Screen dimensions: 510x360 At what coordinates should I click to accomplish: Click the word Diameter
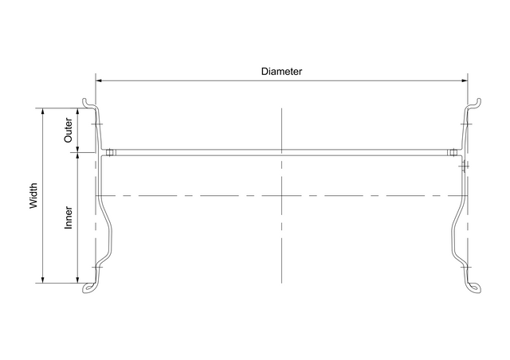pos(281,72)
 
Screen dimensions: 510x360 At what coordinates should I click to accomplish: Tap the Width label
pos(33,195)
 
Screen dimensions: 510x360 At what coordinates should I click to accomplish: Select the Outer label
pos(69,130)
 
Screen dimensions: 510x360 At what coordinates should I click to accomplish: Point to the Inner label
pos(69,217)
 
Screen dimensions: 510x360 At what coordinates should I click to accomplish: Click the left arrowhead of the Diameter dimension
pos(99,80)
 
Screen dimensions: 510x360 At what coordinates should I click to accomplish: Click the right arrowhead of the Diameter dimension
pos(465,80)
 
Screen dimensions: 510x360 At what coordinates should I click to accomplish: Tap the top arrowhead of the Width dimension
pos(42,112)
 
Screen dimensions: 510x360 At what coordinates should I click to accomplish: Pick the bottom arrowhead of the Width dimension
pos(42,280)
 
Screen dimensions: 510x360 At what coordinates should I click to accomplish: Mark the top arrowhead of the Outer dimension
pos(77,112)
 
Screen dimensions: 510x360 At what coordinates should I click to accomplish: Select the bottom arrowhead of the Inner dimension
pos(77,280)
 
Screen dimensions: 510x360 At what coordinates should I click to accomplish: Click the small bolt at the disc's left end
pos(110,152)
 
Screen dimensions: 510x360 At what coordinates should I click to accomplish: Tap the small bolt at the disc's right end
pos(451,152)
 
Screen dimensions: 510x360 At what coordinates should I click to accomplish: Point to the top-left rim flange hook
pos(87,103)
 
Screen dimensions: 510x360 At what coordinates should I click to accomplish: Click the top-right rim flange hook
pos(475,103)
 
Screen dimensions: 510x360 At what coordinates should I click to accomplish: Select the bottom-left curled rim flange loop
pos(89,288)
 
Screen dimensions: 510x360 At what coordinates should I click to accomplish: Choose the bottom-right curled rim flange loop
pos(474,288)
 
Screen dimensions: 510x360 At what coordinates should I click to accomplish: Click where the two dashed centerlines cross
pos(281,195)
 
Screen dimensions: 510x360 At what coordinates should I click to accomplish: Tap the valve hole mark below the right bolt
pos(464,166)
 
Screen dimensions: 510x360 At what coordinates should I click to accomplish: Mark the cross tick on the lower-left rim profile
pos(97,268)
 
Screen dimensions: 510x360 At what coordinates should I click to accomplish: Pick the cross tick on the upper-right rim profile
pos(466,124)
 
